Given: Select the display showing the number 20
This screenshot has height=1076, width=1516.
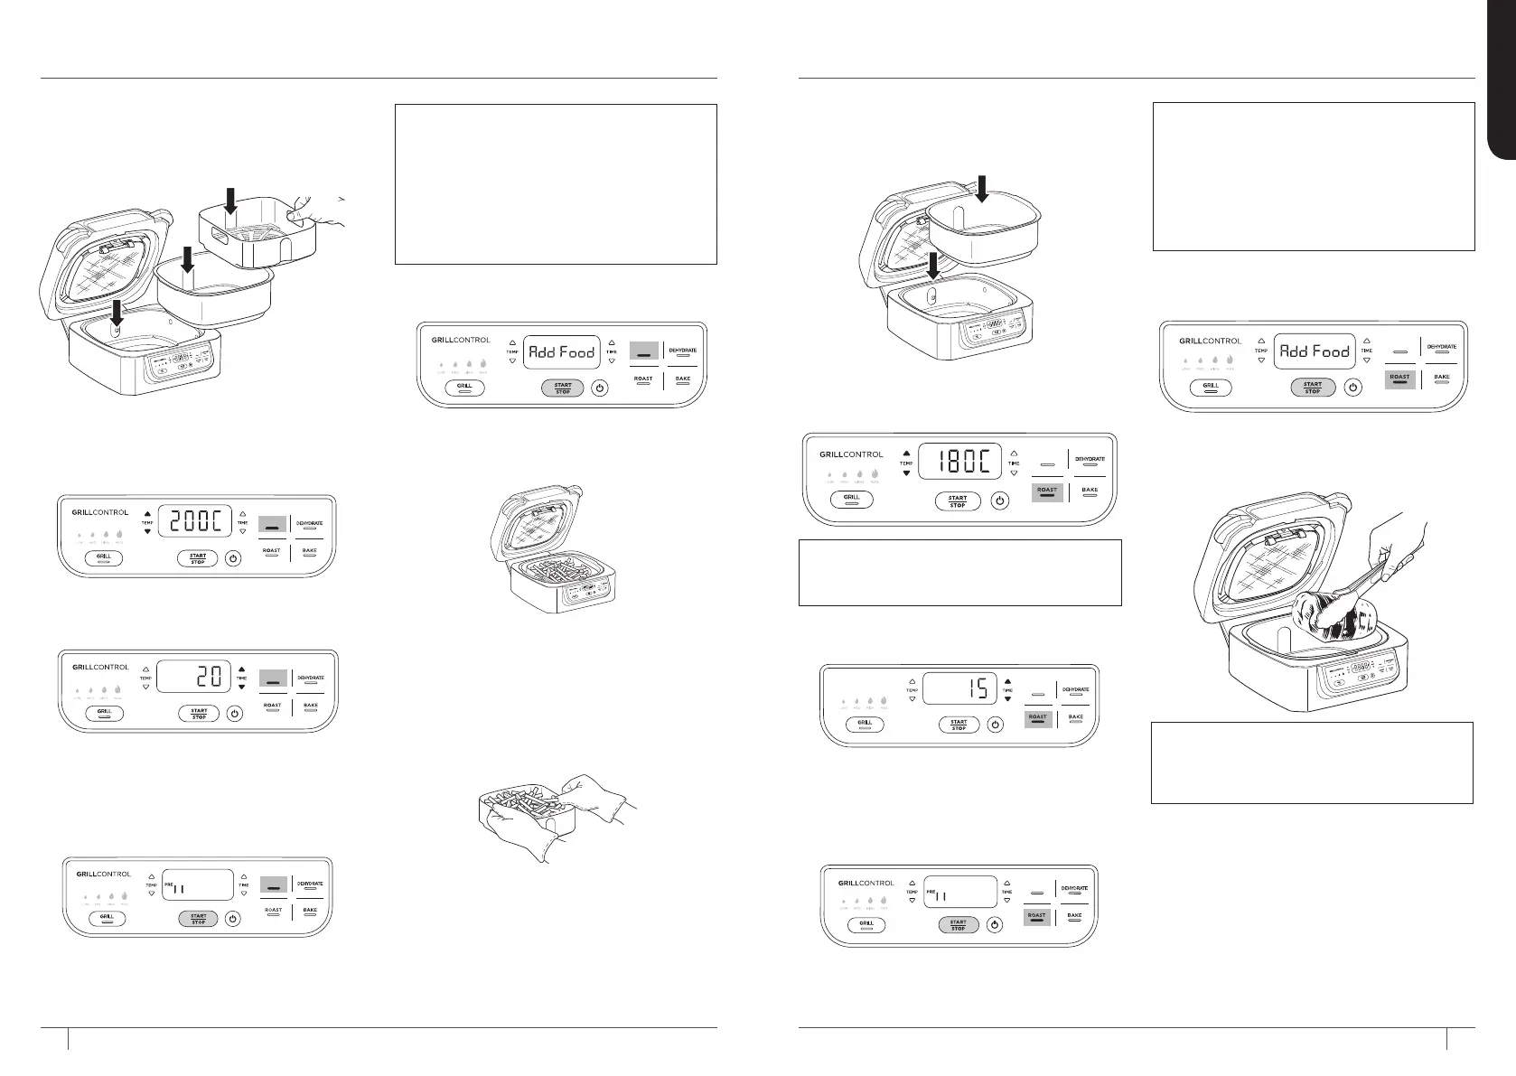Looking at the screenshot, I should click(x=192, y=675).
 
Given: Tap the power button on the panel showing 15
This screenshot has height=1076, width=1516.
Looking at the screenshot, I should click(x=995, y=724).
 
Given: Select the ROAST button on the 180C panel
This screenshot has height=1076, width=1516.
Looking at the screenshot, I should click(x=1047, y=491).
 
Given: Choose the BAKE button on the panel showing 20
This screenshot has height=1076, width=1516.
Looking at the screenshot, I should click(x=310, y=706).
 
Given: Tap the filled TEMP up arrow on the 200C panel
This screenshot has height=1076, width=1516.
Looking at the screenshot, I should click(x=147, y=513).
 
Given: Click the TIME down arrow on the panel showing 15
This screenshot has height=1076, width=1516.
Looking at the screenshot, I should click(x=1007, y=698).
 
